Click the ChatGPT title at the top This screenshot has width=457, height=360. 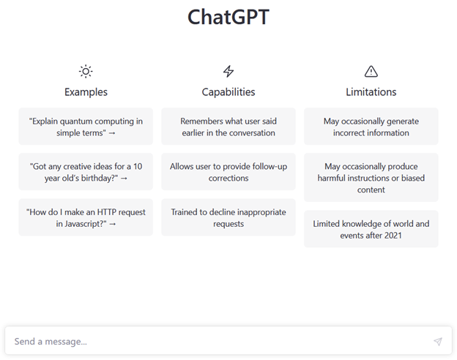click(228, 17)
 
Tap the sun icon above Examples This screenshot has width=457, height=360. click(86, 72)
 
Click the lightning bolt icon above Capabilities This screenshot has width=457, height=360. click(228, 72)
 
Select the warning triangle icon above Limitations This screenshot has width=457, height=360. click(371, 72)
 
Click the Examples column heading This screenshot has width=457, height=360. click(86, 92)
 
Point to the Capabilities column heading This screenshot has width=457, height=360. click(228, 92)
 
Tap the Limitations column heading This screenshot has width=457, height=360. click(371, 92)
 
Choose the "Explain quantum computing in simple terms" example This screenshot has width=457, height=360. click(86, 127)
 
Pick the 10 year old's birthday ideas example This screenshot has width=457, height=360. click(86, 172)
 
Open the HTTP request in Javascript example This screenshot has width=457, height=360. click(86, 217)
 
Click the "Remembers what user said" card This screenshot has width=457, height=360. click(228, 127)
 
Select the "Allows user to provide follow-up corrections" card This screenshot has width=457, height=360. click(228, 172)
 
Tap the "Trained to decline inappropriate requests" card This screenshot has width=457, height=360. click(228, 217)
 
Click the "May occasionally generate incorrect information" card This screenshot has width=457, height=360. click(371, 127)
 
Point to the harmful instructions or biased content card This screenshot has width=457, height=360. click(371, 177)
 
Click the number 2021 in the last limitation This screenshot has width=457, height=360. click(393, 236)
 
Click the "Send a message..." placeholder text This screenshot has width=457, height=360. click(51, 342)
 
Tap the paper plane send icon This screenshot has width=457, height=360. click(438, 342)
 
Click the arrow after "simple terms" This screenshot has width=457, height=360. click(112, 133)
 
